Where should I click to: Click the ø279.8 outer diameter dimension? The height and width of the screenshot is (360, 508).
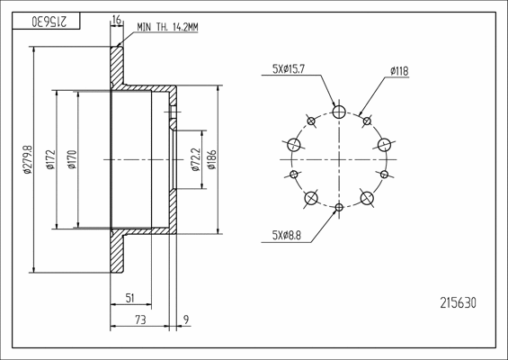click(28, 159)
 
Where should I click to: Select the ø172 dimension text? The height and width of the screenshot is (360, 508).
click(50, 159)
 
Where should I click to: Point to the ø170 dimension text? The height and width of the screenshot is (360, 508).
click(72, 159)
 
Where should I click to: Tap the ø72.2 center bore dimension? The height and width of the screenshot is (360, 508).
click(196, 159)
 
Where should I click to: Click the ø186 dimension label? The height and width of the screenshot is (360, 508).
click(211, 159)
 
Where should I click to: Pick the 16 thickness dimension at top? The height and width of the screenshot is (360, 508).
click(116, 20)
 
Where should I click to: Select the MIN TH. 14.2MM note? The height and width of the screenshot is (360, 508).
click(167, 27)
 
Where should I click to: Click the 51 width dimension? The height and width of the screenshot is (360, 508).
click(129, 298)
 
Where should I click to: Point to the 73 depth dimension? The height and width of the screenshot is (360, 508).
click(140, 319)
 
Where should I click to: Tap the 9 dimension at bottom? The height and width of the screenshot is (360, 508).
click(185, 319)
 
